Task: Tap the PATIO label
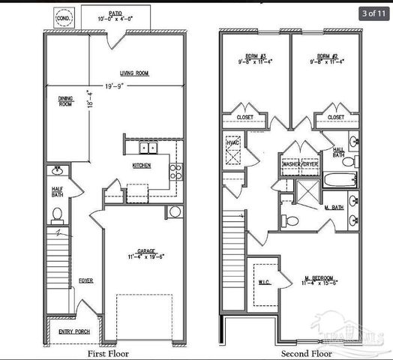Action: coord(115,13)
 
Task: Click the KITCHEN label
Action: coord(142,165)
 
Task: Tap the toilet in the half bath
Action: coord(57,217)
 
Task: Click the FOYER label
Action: coord(86,280)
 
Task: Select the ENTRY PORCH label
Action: coord(73,330)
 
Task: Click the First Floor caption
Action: coord(109,352)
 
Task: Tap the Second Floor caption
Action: coord(307,352)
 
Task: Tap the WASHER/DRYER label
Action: coord(297,163)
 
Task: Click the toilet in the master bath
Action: coord(291,220)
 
